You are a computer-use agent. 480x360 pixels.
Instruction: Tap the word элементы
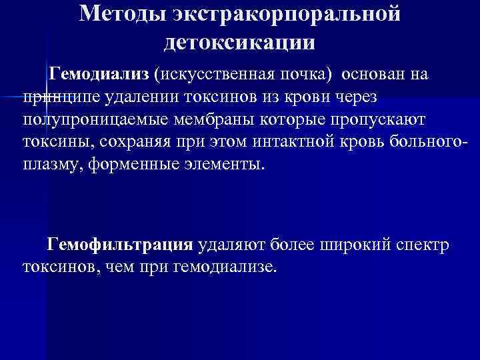pos(223,165)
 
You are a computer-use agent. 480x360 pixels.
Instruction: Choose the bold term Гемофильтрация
pos(120,244)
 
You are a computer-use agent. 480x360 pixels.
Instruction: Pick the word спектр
pos(424,244)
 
